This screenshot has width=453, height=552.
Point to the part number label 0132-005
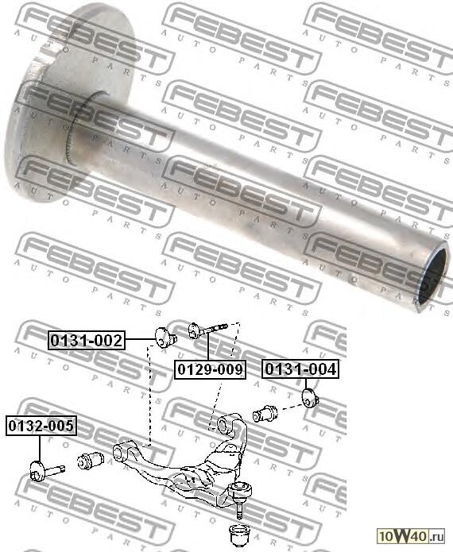41,427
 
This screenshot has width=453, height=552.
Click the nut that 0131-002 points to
165,337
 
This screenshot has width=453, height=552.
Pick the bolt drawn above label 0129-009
208,328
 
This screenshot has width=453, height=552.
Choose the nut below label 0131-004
311,396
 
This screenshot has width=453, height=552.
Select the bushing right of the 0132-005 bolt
91,461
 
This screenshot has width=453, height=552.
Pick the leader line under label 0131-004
307,382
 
